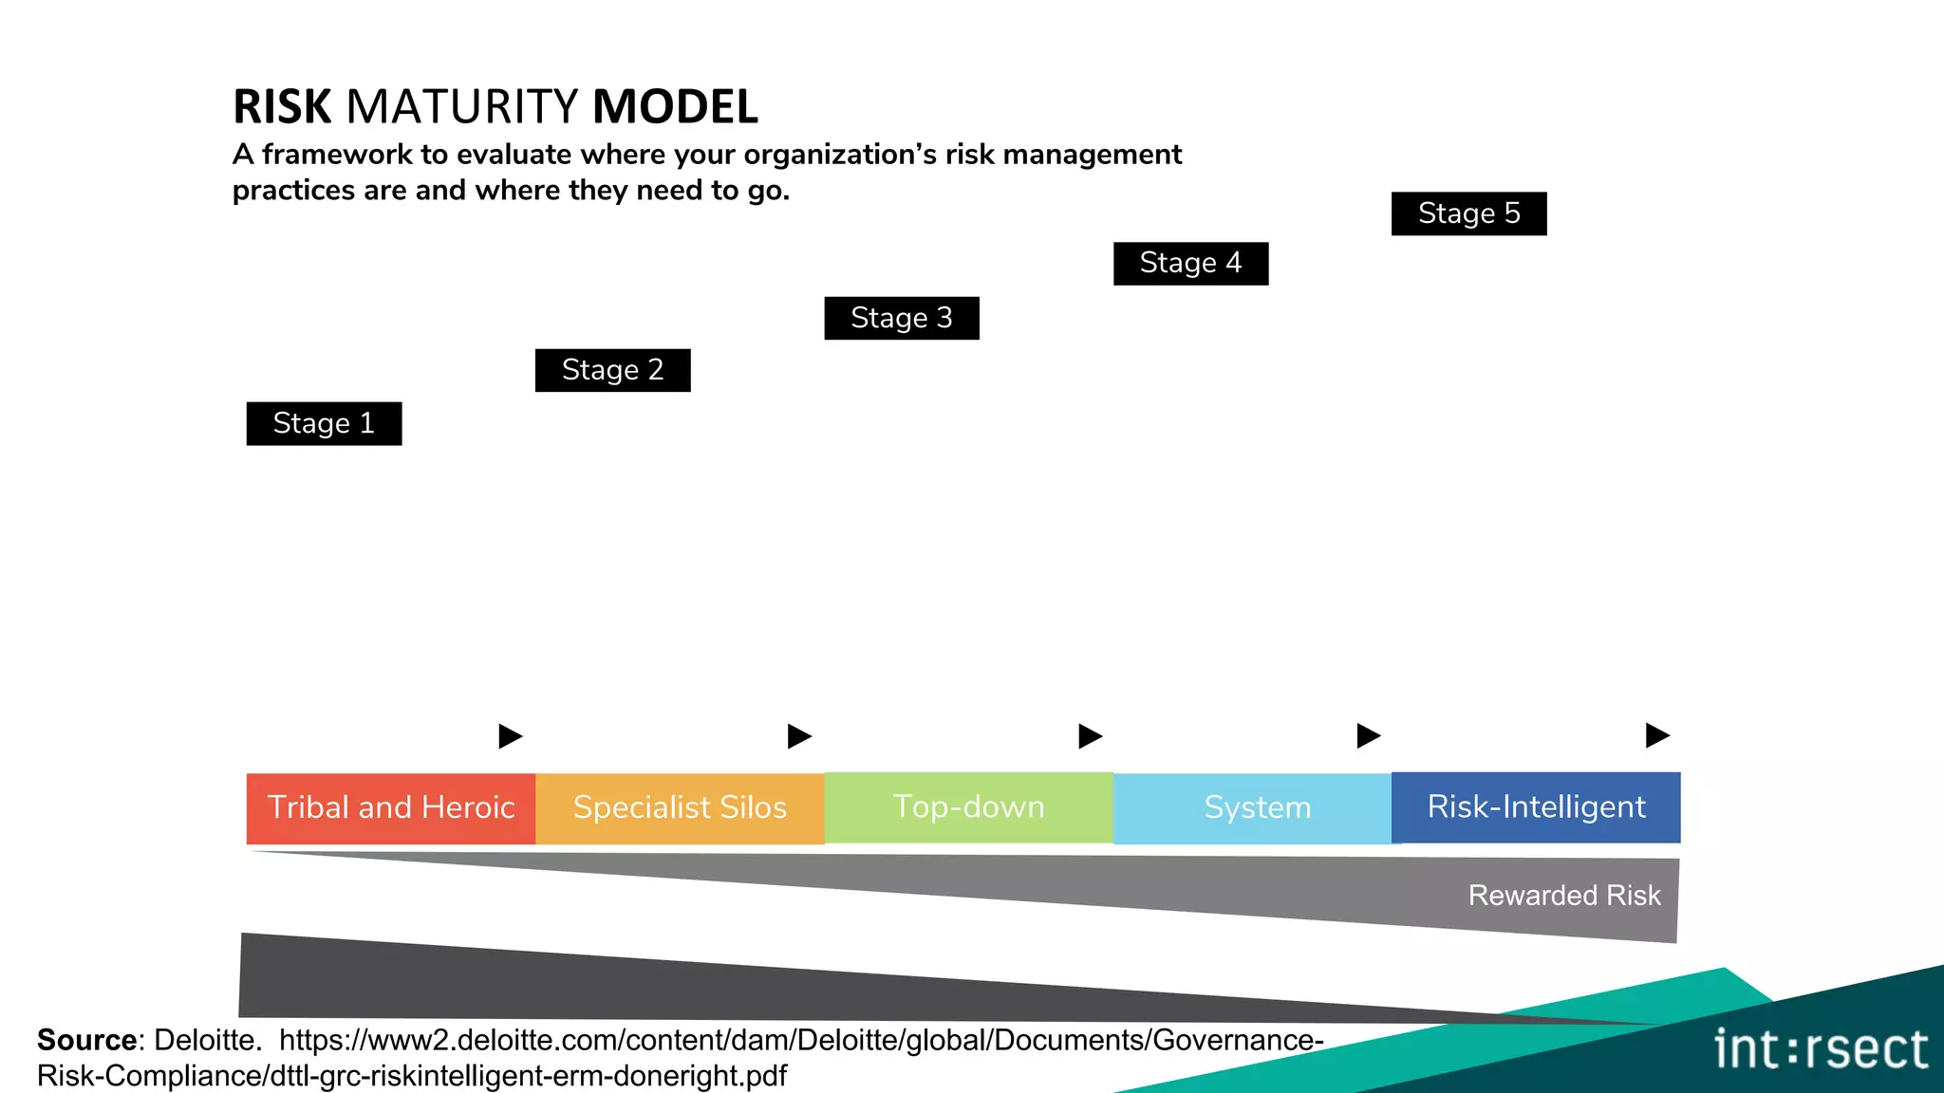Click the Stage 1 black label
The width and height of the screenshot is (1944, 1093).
click(324, 423)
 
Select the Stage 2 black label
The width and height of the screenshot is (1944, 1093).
click(612, 370)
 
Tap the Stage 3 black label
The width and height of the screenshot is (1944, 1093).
click(901, 318)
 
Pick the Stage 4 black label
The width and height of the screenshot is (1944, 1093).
click(1190, 263)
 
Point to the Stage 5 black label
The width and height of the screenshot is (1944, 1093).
click(1468, 213)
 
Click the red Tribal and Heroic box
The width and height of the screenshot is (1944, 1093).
click(390, 807)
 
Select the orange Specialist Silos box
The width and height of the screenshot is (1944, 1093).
click(680, 807)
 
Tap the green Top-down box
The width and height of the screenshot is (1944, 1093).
click(968, 807)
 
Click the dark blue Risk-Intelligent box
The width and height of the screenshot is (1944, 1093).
click(1536, 807)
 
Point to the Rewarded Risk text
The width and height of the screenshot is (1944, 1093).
click(1564, 895)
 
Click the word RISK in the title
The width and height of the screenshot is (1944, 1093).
click(282, 106)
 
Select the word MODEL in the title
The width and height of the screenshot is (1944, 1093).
click(675, 106)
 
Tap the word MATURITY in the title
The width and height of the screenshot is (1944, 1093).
click(462, 106)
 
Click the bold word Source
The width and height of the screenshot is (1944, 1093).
click(87, 1040)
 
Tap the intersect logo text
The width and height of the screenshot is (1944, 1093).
click(1821, 1049)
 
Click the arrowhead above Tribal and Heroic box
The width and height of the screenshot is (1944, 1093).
click(510, 735)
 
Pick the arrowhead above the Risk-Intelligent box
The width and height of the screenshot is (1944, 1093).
click(1656, 735)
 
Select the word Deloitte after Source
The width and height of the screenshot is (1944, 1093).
click(207, 1040)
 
